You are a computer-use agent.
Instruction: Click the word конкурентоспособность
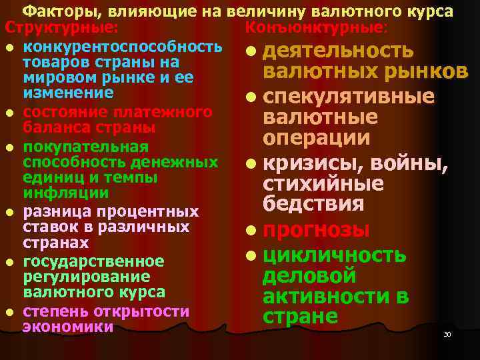pyautogui.click(x=122, y=47)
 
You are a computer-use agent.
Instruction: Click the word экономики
pyautogui.click(x=67, y=327)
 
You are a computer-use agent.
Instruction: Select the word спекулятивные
pyautogui.click(x=349, y=97)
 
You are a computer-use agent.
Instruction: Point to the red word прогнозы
pyautogui.click(x=316, y=230)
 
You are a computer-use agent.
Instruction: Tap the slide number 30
pyautogui.click(x=447, y=333)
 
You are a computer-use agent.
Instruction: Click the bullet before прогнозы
pyautogui.click(x=249, y=231)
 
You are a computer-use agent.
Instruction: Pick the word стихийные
pyautogui.click(x=323, y=183)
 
